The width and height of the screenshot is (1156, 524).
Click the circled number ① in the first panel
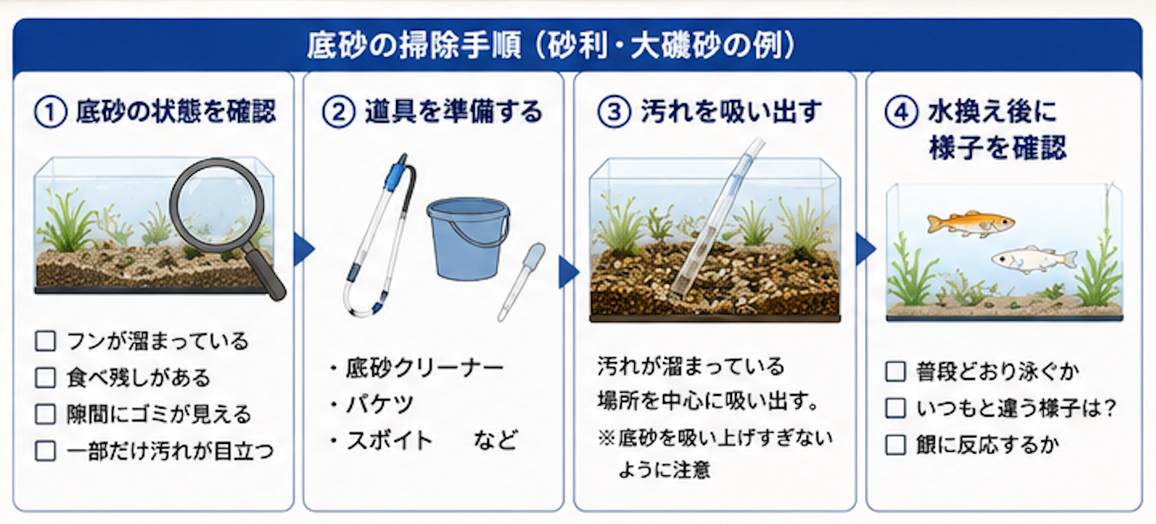coord(50,112)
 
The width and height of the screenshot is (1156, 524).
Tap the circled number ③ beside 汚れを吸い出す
coord(614,112)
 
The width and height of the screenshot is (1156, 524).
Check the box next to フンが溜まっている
coord(46,341)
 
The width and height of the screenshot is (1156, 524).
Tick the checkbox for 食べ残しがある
coord(46,377)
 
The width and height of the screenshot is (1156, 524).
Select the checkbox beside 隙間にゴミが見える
coord(46,414)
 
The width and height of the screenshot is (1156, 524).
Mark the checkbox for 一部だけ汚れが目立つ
coord(46,451)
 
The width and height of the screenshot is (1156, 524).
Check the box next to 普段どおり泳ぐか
coord(895,371)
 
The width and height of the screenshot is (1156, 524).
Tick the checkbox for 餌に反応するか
coord(895,445)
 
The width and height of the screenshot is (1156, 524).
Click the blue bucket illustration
coord(468,238)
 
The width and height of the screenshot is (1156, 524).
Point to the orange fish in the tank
coord(970,224)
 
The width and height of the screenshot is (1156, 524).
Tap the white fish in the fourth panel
coord(1033,259)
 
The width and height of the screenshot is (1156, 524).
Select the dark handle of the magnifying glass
coord(265,272)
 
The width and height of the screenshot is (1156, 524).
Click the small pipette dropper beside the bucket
coord(522,282)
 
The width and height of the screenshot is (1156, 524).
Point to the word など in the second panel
coord(496,441)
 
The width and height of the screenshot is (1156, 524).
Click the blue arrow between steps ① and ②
coord(304,249)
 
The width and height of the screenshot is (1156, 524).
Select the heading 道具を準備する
coord(454,112)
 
